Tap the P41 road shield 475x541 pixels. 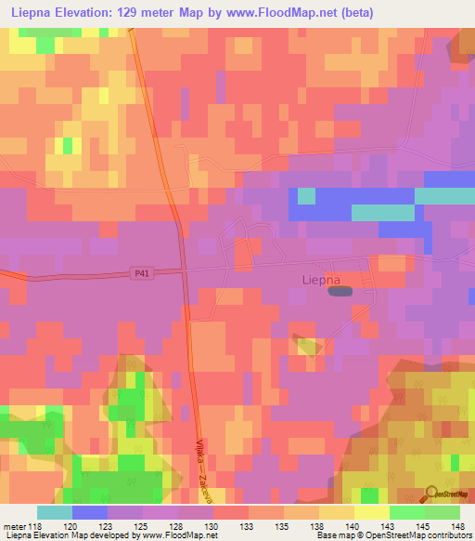point(139,272)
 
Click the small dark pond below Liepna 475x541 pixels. point(340,292)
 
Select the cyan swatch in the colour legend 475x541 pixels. point(54,512)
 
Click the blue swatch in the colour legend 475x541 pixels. point(89,512)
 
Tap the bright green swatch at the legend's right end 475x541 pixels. point(443,512)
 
